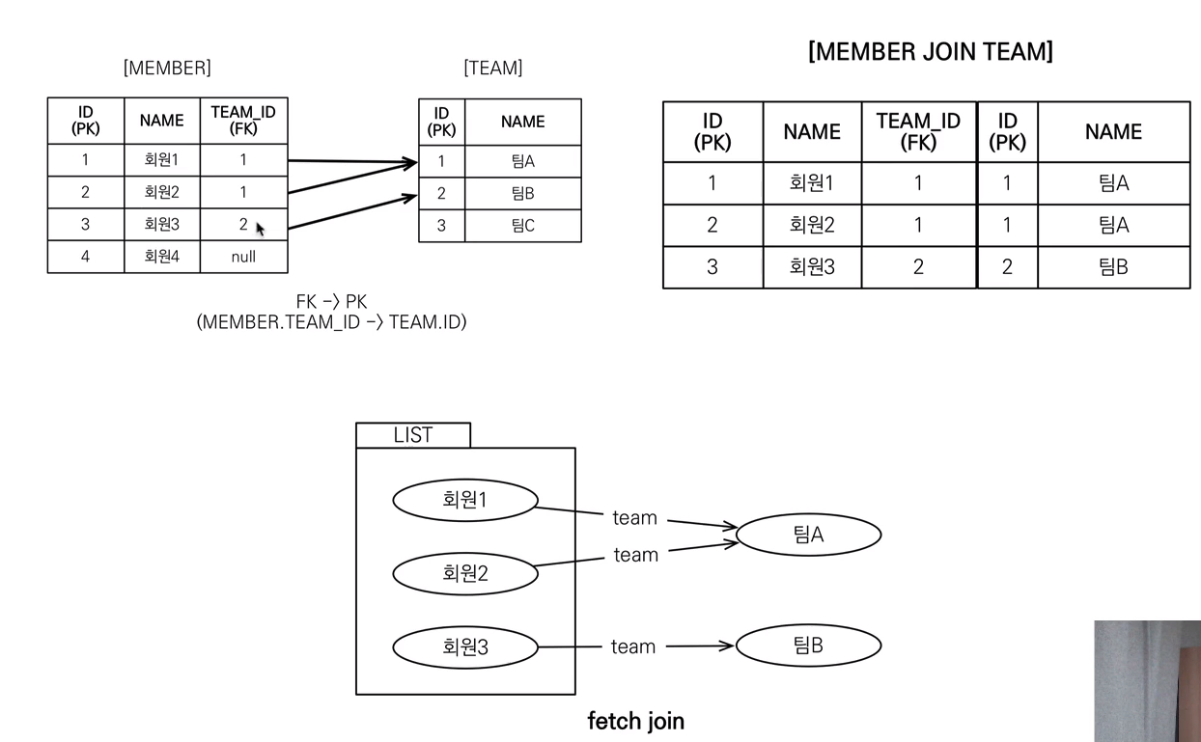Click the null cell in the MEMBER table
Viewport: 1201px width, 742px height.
[x=243, y=257]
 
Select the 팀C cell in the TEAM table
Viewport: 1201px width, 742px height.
[x=522, y=226]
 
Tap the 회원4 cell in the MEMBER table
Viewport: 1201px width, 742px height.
[x=161, y=257]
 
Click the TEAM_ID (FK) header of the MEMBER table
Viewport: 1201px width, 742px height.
[x=243, y=121]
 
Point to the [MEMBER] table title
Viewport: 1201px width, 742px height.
[x=167, y=69]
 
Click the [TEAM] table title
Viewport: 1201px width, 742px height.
[x=493, y=69]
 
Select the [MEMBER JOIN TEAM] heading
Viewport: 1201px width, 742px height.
[x=931, y=51]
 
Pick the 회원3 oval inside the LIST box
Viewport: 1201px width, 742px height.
[x=465, y=646]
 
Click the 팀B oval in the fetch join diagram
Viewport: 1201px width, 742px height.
[x=808, y=646]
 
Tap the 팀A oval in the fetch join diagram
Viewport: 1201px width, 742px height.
[x=808, y=535]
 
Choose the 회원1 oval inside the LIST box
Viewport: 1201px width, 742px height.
[x=465, y=500]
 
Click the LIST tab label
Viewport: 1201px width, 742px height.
[x=413, y=435]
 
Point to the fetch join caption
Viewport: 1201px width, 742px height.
[x=636, y=721]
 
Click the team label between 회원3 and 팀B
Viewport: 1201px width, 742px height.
[x=633, y=646]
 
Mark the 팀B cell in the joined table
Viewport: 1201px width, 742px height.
[x=1113, y=267]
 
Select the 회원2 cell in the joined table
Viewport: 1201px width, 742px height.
[x=812, y=225]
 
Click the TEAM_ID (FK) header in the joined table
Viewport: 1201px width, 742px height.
[x=918, y=132]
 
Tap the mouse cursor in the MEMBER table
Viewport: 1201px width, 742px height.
[x=260, y=229]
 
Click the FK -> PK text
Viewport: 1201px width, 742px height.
[x=331, y=302]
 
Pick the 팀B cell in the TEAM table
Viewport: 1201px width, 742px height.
[x=522, y=193]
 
